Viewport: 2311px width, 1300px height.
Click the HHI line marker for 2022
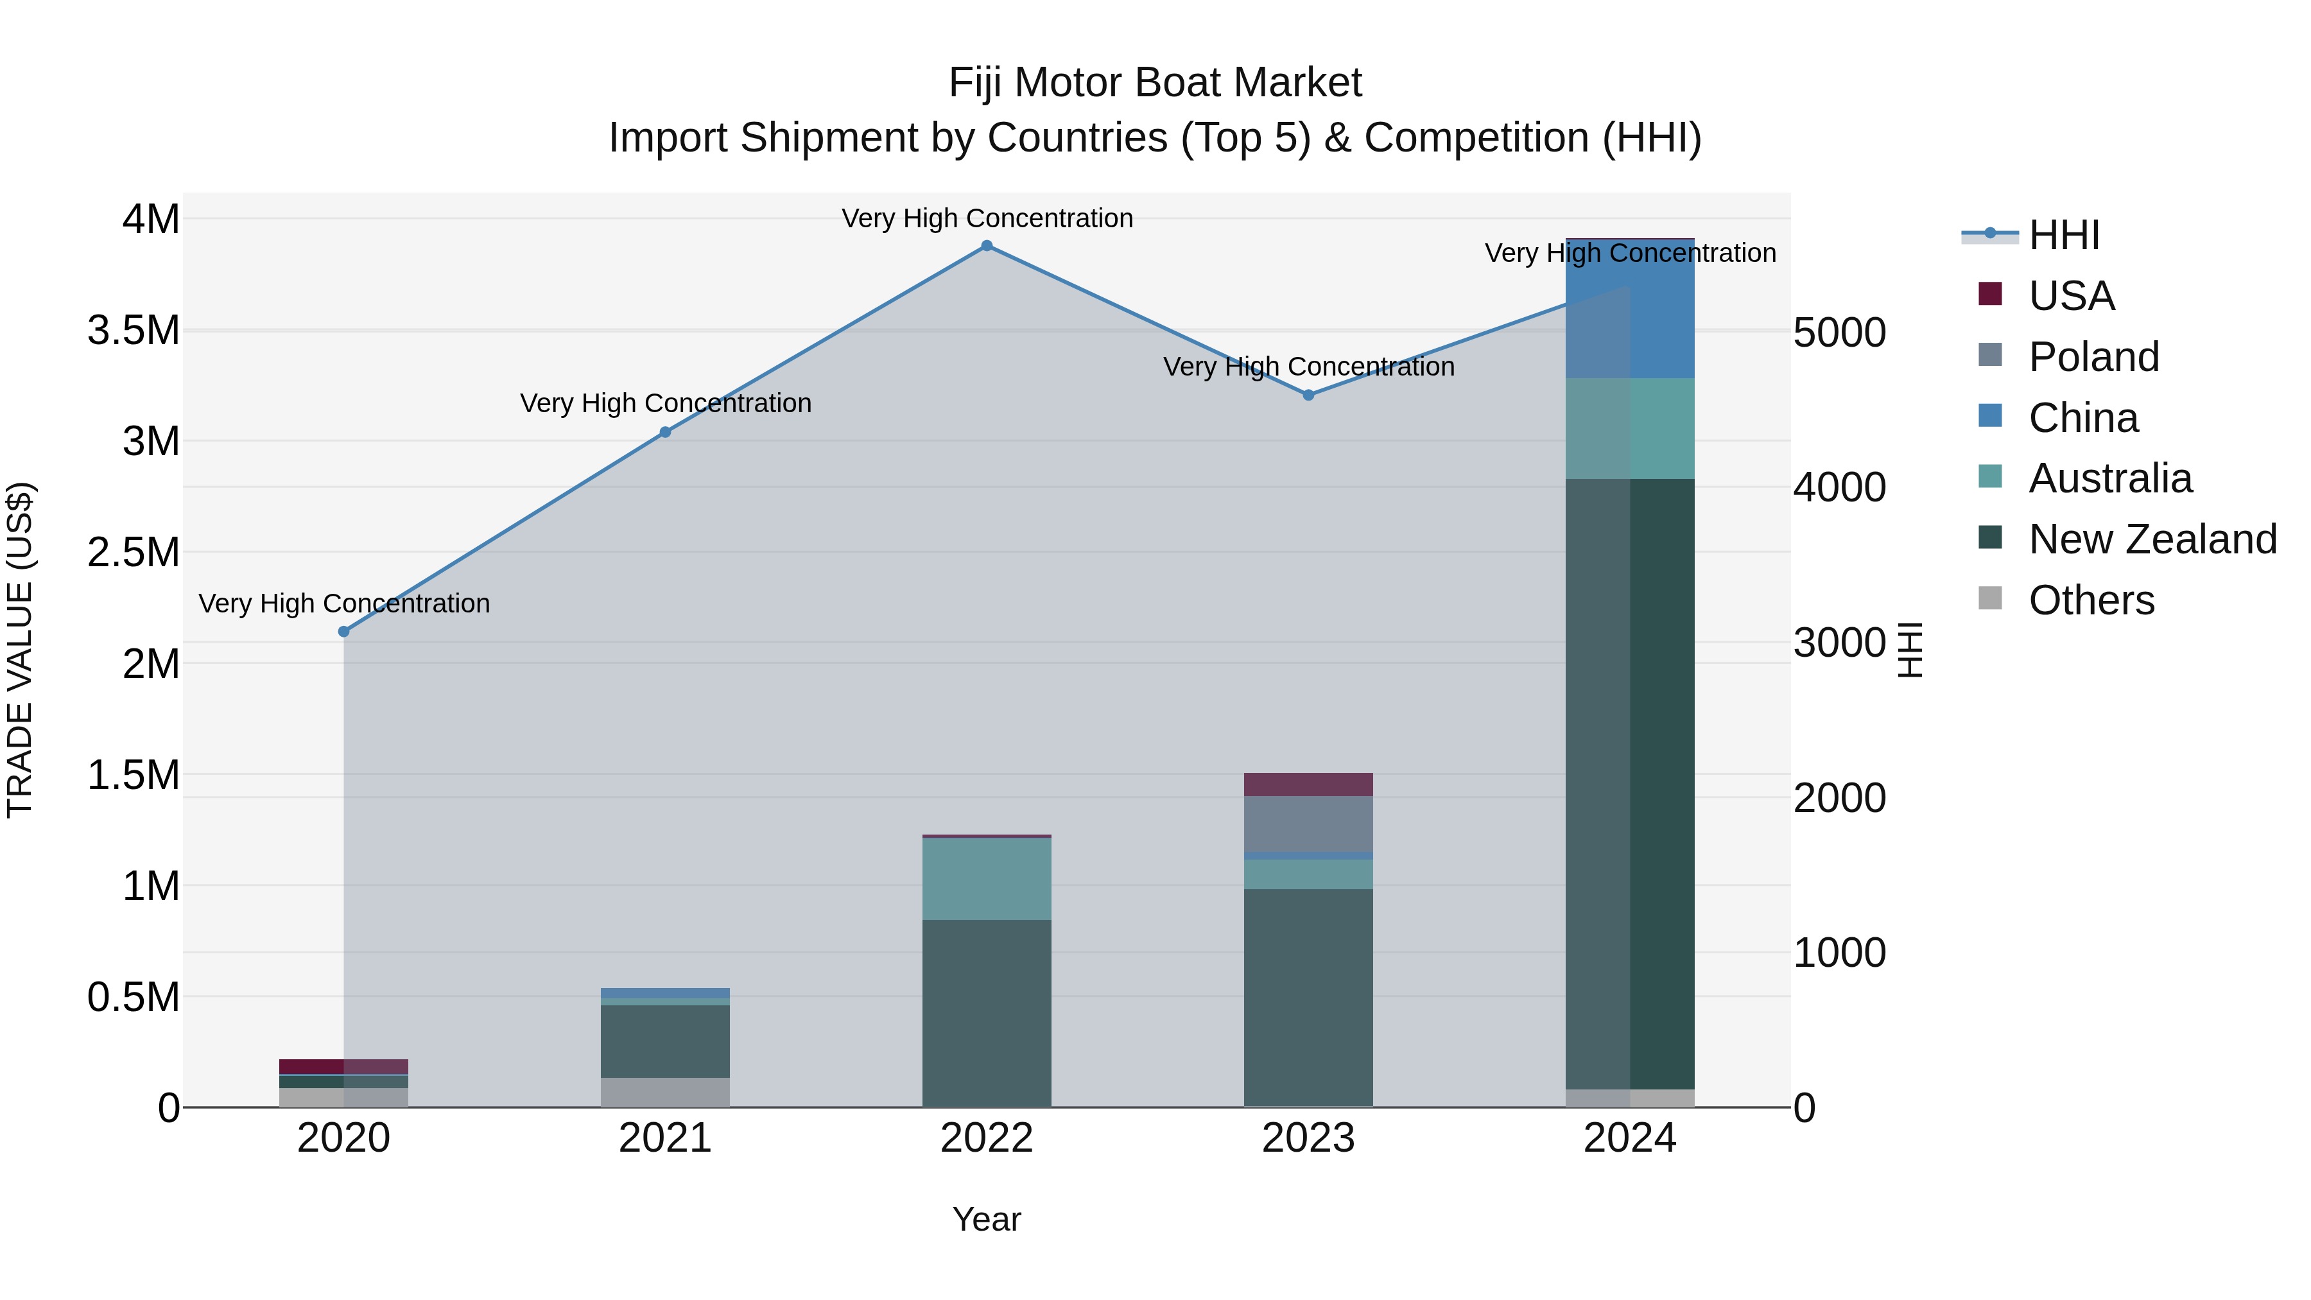point(986,246)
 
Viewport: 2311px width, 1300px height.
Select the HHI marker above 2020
point(343,632)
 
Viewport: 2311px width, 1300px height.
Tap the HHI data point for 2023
point(1308,395)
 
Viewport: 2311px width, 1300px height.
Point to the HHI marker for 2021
point(665,433)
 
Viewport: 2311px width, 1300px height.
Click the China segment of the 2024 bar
point(1629,309)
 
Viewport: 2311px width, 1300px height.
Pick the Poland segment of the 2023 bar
point(1308,824)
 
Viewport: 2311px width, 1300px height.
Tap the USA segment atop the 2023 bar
point(1308,784)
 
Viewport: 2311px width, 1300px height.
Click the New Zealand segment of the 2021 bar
point(665,1041)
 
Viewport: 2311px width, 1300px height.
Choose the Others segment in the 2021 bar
point(665,1092)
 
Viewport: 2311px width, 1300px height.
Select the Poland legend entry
point(2093,357)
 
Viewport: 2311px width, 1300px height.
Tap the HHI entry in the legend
point(2063,235)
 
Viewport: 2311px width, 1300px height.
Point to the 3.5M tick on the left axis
point(134,330)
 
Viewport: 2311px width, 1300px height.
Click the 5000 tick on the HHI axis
point(1839,333)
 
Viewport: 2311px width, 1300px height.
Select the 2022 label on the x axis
point(986,1138)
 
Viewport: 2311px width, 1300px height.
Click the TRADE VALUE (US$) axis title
point(20,650)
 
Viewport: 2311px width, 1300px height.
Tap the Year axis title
point(986,1219)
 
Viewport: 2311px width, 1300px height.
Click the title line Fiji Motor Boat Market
point(1155,83)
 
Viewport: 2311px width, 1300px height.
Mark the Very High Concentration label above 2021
point(665,404)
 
